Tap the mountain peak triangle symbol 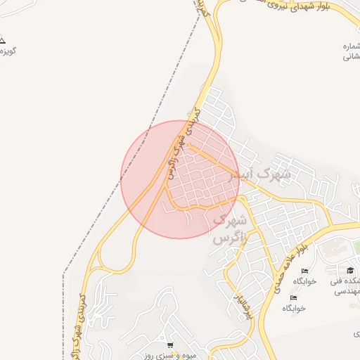[3, 40]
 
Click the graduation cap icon [350, 271]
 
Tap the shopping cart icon [171, 345]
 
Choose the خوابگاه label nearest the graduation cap [305, 281]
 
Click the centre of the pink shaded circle [180, 179]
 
